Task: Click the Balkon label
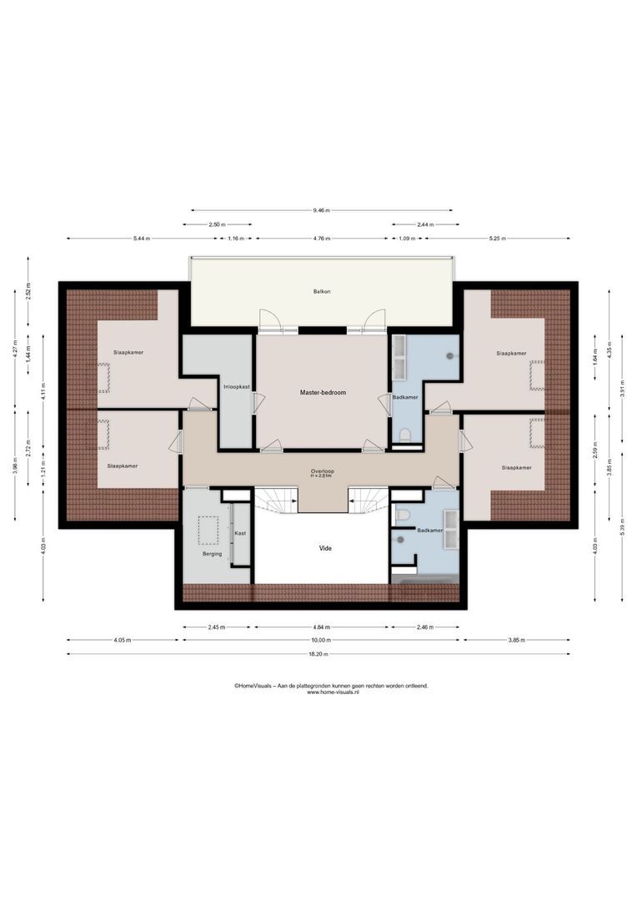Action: [322, 292]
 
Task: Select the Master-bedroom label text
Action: [323, 392]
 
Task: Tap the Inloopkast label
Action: [234, 386]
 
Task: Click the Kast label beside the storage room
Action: [240, 532]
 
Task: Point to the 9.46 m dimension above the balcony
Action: [322, 210]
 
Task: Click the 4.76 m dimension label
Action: [324, 239]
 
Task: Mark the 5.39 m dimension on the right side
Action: [622, 531]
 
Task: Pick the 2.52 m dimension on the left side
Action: [28, 294]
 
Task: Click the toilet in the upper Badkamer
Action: [405, 435]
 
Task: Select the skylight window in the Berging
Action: [207, 529]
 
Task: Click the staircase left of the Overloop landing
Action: [277, 500]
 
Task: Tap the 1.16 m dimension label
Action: [235, 239]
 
